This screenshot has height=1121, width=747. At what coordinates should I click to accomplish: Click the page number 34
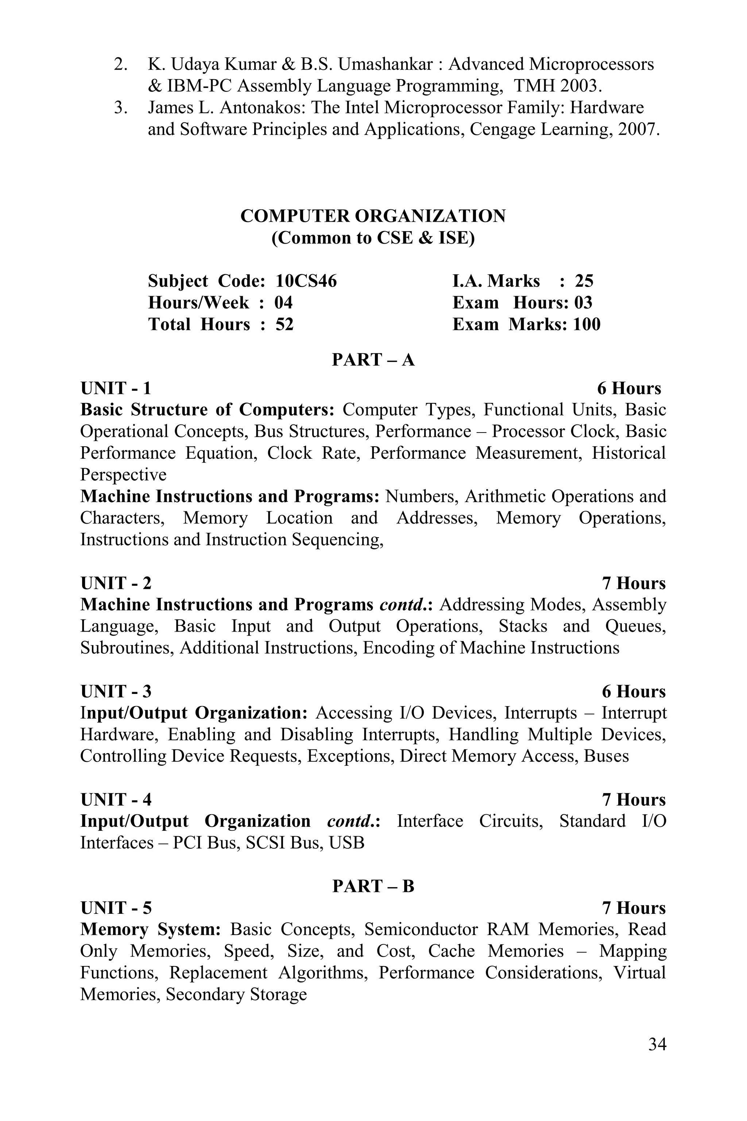click(x=657, y=1044)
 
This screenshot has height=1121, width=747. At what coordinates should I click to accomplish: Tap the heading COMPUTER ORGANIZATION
click(x=373, y=216)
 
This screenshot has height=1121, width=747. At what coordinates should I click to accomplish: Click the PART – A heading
click(x=373, y=360)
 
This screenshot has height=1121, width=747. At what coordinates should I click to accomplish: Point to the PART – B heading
click(x=373, y=886)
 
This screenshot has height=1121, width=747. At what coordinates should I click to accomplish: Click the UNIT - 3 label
click(x=116, y=691)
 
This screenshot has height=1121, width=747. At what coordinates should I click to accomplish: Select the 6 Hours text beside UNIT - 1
click(x=629, y=389)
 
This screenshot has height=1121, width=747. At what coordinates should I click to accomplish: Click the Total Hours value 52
click(x=285, y=324)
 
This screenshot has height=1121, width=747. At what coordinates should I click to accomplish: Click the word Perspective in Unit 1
click(x=123, y=474)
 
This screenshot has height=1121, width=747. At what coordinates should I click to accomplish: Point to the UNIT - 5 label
click(x=116, y=908)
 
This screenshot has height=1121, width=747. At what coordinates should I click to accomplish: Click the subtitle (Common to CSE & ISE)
click(x=373, y=238)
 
